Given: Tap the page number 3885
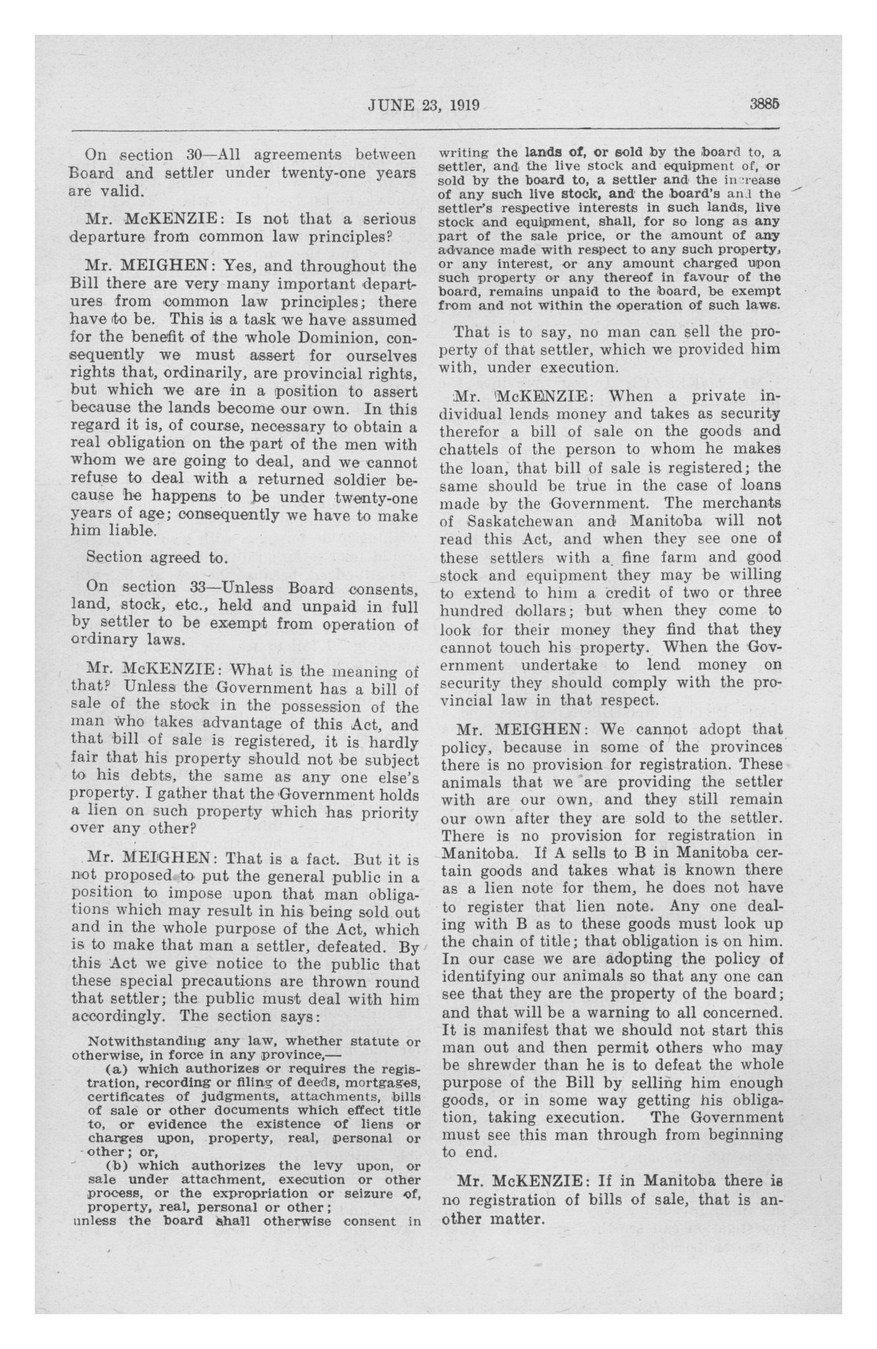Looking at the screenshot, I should pyautogui.click(x=764, y=105).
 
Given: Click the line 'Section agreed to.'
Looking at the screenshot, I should pyautogui.click(x=156, y=557).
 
